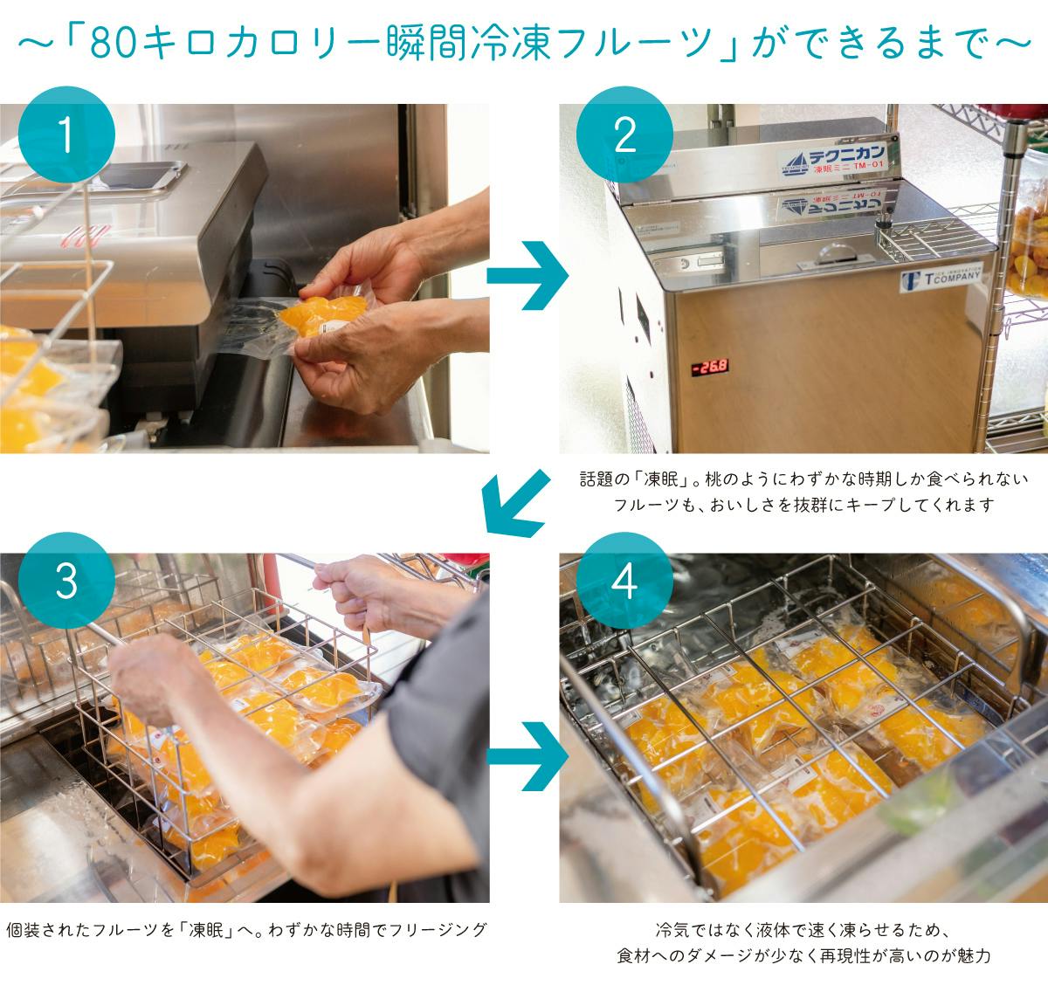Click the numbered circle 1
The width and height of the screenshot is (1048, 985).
[x=66, y=134]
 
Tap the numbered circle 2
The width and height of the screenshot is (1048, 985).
[x=624, y=134]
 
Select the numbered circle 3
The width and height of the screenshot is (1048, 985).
[x=66, y=581]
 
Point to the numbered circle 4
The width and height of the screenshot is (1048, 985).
[x=624, y=581]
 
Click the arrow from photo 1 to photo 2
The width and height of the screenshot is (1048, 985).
[x=527, y=276]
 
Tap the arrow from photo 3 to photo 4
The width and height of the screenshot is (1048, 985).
[x=527, y=756]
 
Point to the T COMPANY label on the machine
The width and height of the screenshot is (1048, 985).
[x=941, y=277]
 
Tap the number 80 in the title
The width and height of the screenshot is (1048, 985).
[x=110, y=43]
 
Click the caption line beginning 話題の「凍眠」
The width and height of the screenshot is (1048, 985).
[x=803, y=479]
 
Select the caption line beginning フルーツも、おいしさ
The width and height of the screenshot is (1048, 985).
[x=803, y=505]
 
